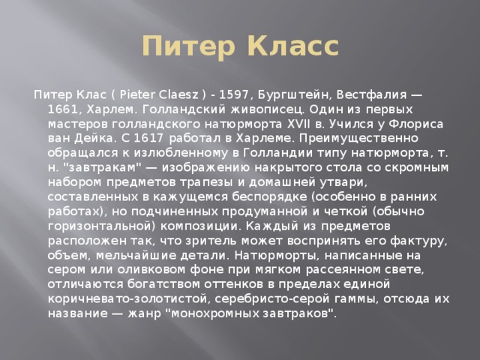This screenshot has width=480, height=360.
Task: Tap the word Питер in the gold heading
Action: click(188, 46)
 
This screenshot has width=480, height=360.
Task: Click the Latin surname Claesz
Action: click(178, 94)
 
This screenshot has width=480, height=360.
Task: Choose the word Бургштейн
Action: click(295, 94)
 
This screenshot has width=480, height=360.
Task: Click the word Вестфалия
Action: click(372, 94)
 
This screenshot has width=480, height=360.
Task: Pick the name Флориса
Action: click(416, 124)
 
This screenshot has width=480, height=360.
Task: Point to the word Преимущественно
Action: click(358, 138)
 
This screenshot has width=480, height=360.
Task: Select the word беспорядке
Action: click(269, 196)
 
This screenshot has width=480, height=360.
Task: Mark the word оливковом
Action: click(151, 270)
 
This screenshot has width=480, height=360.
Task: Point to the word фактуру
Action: click(418, 241)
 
